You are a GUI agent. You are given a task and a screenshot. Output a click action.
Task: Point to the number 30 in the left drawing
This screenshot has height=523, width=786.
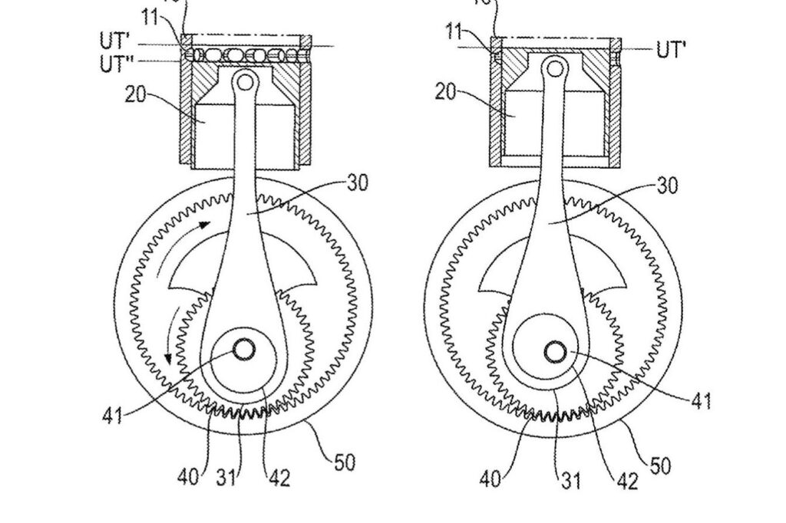point(357,183)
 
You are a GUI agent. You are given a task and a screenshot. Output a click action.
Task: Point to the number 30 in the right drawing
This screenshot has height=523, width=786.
point(668,186)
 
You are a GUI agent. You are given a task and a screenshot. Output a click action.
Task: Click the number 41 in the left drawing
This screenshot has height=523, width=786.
point(112,417)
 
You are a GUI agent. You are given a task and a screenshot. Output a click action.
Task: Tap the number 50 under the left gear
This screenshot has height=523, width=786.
point(345,462)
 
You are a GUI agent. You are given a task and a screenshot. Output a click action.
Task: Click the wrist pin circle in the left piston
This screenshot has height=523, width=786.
point(245,80)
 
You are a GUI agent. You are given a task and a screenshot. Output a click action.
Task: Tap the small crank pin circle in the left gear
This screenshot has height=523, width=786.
point(245,349)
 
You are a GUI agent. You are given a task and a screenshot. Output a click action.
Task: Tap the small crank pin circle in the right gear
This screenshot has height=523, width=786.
point(555,351)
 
